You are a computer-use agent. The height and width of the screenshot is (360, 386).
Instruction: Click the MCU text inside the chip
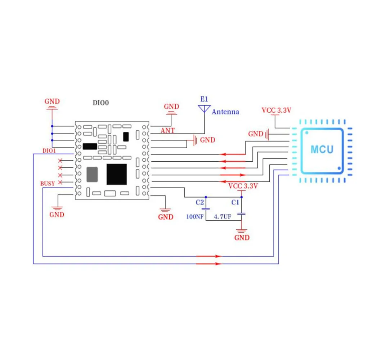tap(322, 149)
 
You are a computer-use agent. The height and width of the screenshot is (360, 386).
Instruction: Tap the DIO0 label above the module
tap(101, 103)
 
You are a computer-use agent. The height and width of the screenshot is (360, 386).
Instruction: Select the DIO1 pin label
tap(49, 151)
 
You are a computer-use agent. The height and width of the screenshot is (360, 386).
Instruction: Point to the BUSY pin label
tap(48, 183)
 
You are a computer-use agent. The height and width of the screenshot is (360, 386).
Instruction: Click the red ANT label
tap(168, 130)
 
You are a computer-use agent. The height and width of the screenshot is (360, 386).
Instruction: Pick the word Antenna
tap(225, 112)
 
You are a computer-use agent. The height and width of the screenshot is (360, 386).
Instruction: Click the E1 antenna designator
tap(204, 99)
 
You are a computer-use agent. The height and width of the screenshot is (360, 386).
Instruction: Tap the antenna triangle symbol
tap(204, 108)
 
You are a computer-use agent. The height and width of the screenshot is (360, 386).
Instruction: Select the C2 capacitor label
tap(200, 202)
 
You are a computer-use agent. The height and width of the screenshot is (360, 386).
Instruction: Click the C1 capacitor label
tap(235, 202)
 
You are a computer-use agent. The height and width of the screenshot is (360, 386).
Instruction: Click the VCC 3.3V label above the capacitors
tap(243, 186)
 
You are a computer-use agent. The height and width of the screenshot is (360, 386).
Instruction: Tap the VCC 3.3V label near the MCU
tap(276, 111)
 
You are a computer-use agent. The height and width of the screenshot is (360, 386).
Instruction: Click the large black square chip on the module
tap(117, 174)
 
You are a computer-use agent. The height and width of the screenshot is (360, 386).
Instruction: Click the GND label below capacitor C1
tap(242, 238)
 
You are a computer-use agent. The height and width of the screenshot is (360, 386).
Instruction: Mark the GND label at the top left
tap(52, 102)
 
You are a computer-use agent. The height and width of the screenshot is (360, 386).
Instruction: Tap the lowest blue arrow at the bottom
tap(208, 264)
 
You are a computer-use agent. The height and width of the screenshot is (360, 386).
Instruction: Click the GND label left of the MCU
tap(256, 134)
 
